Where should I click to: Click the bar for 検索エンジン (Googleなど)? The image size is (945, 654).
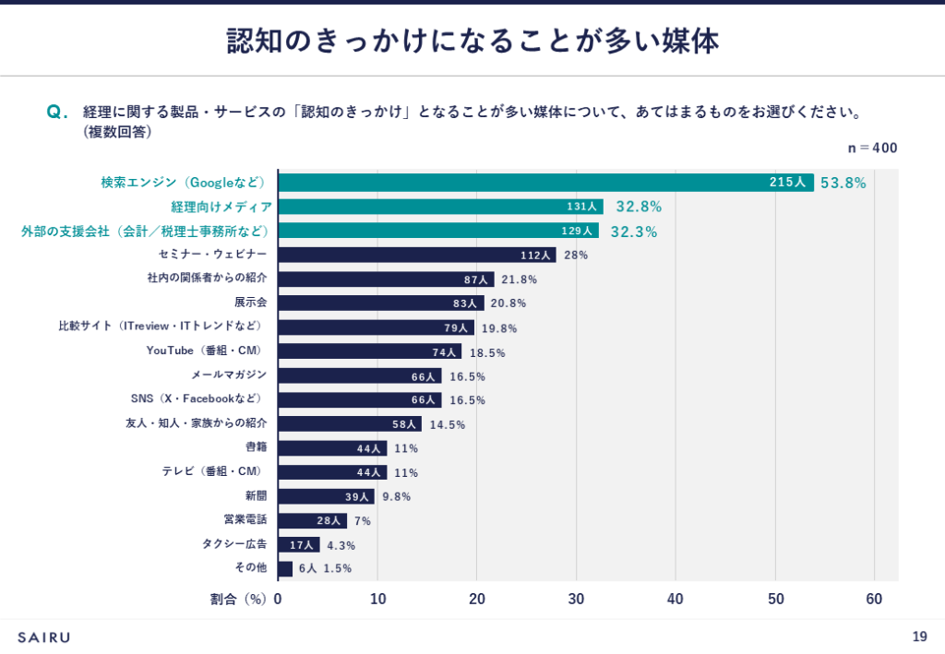[544, 183]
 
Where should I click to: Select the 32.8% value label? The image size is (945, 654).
[640, 208]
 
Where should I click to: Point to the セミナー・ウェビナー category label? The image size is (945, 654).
[212, 255]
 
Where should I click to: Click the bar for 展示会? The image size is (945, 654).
[380, 303]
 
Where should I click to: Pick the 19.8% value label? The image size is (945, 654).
[500, 327]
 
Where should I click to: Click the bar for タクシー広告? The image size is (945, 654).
[298, 545]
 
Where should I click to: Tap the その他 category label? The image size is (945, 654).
[250, 568]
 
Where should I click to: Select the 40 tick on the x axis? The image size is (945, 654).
[676, 600]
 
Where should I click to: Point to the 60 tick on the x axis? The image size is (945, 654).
[874, 600]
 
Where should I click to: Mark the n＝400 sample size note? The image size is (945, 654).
[872, 148]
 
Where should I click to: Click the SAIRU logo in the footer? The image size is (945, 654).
[44, 636]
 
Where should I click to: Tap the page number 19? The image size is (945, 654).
[919, 636]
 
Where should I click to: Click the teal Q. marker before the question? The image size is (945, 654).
[57, 113]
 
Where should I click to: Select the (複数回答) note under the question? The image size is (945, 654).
[117, 132]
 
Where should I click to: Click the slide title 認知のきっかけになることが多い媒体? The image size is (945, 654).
[472, 42]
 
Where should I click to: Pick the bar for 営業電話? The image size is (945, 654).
[312, 520]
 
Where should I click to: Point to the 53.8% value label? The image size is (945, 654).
[843, 183]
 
